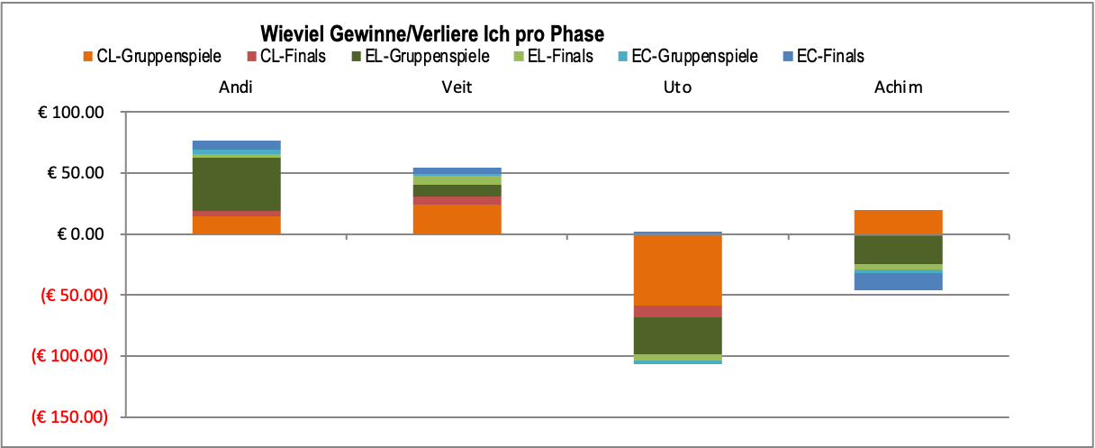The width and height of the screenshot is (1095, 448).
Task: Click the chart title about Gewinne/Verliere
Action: pyautogui.click(x=431, y=34)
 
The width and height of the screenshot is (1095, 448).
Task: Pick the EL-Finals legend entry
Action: pyautogui.click(x=553, y=57)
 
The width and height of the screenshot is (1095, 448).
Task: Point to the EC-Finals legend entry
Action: pyautogui.click(x=822, y=57)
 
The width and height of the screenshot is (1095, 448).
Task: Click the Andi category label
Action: pyautogui.click(x=236, y=87)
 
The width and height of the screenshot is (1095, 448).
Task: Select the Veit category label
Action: pyautogui.click(x=457, y=87)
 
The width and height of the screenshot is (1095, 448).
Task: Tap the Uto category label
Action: pyautogui.click(x=677, y=87)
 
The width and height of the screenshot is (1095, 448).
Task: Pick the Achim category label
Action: pyautogui.click(x=898, y=87)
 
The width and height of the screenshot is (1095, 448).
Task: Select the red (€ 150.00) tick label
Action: pyautogui.click(x=69, y=417)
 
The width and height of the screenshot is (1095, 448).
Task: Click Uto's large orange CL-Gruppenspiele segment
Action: pyautogui.click(x=677, y=270)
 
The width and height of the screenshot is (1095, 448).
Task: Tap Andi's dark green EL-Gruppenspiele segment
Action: pyautogui.click(x=236, y=184)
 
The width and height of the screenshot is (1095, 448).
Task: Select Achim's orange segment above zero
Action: pyautogui.click(x=898, y=222)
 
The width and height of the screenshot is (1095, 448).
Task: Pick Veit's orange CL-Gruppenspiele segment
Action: pyautogui.click(x=457, y=219)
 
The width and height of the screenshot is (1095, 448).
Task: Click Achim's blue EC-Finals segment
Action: pyautogui.click(x=898, y=281)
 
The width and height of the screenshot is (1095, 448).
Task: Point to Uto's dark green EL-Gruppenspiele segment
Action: pyautogui.click(x=677, y=335)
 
